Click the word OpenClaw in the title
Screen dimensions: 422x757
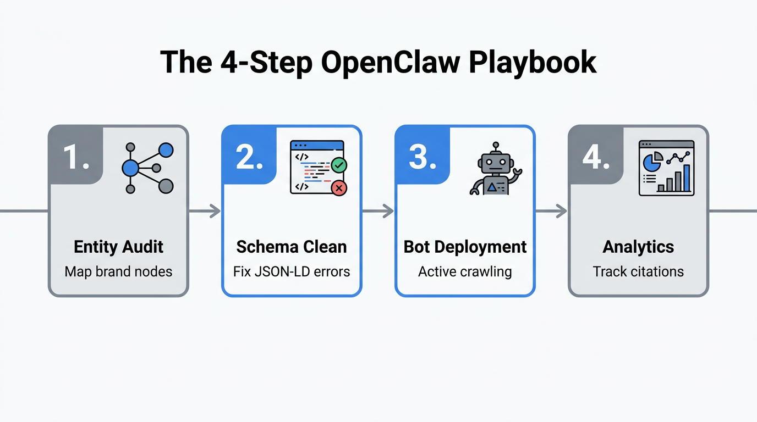pos(391,62)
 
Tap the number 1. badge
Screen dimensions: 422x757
pos(75,157)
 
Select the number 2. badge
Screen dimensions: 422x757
pos(249,157)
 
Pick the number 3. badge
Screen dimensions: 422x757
pos(422,157)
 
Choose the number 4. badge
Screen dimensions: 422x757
pos(595,157)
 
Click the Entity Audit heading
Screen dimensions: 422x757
pos(118,247)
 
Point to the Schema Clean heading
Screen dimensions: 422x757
pos(292,247)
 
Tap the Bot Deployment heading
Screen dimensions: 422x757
pos(465,247)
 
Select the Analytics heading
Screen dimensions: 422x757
pos(638,247)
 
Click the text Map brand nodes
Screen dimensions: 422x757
pos(118,271)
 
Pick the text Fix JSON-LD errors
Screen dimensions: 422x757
pos(292,271)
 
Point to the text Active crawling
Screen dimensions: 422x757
pos(465,271)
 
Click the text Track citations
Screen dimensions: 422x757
pos(638,271)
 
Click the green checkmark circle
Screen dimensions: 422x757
pos(339,164)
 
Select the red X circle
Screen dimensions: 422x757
pos(339,188)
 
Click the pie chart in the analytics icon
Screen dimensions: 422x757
pos(652,162)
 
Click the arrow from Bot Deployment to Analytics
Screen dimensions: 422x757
pos(552,211)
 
